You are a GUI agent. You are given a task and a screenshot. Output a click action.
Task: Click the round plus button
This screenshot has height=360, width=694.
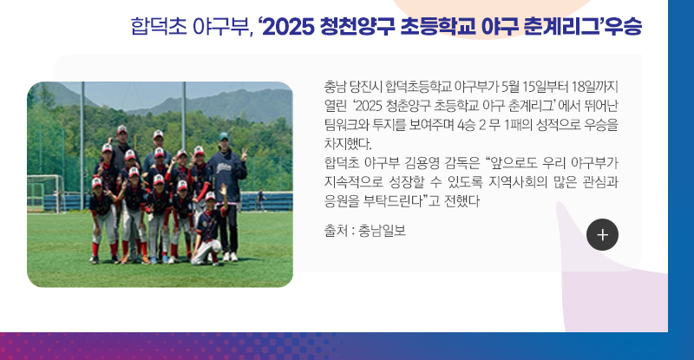tap(602, 235)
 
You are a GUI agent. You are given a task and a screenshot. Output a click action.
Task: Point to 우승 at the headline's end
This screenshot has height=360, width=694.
tap(625, 27)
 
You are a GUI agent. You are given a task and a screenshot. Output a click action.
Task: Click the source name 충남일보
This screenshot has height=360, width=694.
tap(382, 231)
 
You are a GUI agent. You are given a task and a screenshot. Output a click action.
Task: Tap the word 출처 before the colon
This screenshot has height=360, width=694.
tap(336, 231)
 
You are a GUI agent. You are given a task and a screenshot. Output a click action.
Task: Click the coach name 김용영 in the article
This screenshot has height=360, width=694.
tap(422, 163)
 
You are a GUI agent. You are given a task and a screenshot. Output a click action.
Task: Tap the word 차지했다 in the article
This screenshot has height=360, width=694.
tap(348, 144)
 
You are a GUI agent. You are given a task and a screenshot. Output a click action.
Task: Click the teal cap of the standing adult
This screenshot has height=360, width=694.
tap(224, 136)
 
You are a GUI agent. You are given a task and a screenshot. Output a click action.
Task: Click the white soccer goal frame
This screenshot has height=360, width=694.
tap(45, 193)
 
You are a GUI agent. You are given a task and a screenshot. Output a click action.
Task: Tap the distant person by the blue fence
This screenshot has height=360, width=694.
tap(261, 200)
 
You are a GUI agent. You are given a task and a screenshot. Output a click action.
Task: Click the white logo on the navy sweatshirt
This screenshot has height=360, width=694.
tap(225, 167)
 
